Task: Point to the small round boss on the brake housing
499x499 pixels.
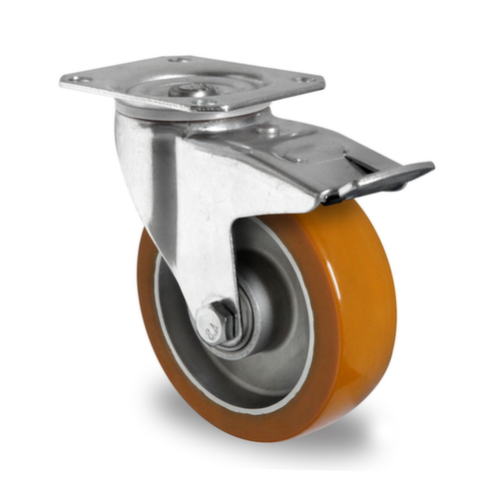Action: [x=267, y=131]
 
